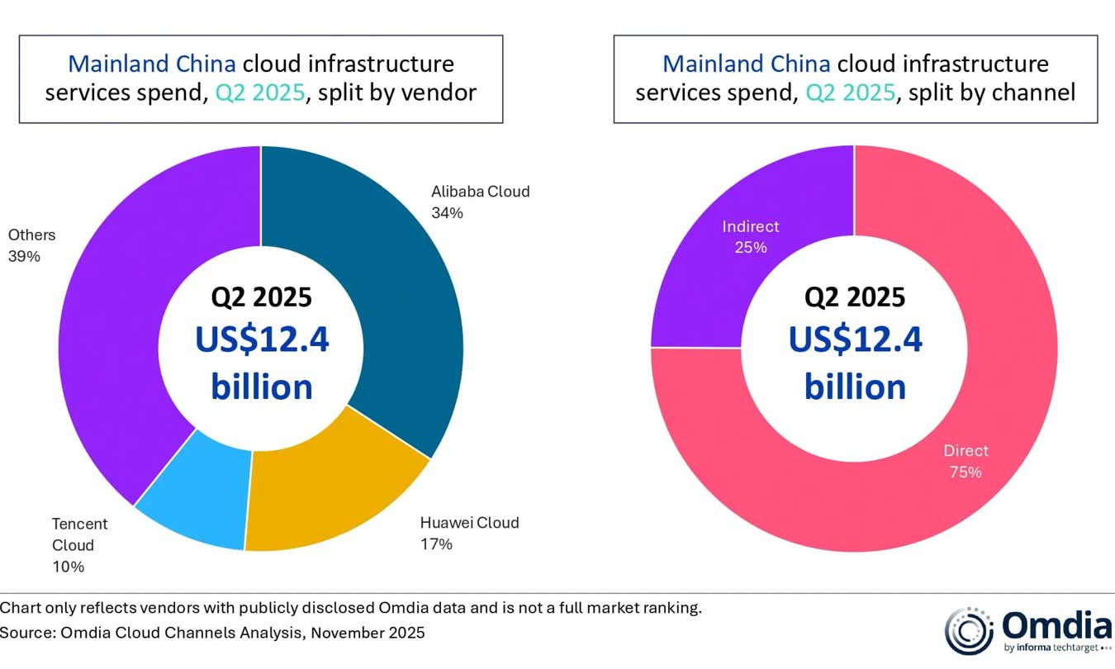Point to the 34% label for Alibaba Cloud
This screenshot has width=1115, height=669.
[x=447, y=213]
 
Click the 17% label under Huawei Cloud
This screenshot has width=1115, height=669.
[x=436, y=544]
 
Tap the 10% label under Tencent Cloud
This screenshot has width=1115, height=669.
[x=68, y=567]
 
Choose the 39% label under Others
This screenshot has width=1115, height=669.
[x=24, y=256]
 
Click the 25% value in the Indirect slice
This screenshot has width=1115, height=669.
[x=751, y=247]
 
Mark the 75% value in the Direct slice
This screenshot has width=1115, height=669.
[x=966, y=472]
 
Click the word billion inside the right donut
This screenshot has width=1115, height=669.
[x=855, y=387]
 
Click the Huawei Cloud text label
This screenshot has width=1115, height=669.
[x=469, y=523]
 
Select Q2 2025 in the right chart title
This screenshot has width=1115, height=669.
[x=859, y=92]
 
